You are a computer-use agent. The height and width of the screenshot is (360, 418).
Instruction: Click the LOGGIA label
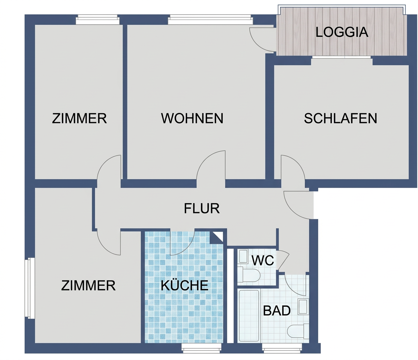(x=342, y=32)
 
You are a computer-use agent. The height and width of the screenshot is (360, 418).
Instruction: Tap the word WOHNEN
(x=192, y=118)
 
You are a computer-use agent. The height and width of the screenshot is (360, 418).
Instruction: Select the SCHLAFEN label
(x=340, y=118)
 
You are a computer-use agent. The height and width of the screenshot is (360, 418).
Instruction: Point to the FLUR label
(x=202, y=208)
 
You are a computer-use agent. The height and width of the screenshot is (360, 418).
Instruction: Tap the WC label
(x=262, y=261)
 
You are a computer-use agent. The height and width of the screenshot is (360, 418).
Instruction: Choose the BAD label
(x=277, y=310)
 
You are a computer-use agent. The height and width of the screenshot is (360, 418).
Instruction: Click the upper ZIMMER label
(x=79, y=118)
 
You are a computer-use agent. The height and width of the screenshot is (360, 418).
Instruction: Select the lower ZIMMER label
(x=88, y=285)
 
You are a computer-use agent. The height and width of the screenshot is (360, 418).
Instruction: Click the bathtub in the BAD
(x=249, y=316)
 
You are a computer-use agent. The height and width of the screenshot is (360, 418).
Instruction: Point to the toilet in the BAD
(x=298, y=331)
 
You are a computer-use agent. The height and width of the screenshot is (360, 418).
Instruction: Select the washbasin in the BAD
(x=303, y=307)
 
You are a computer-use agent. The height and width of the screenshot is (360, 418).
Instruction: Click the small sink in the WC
(x=243, y=256)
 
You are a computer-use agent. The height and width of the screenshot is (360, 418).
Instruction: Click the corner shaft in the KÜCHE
(x=216, y=237)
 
